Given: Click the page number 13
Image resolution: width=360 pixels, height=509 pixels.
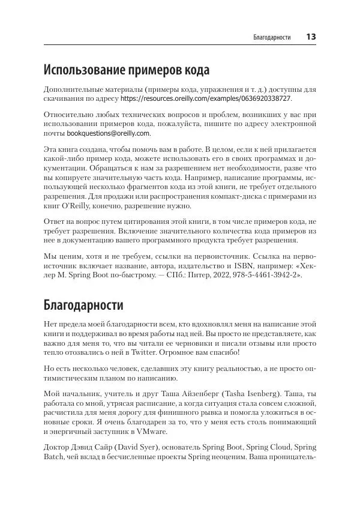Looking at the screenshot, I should click(311, 37).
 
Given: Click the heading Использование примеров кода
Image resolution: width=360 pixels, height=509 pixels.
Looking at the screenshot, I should click(127, 71).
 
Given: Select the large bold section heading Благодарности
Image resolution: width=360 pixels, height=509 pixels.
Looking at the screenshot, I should click(84, 304).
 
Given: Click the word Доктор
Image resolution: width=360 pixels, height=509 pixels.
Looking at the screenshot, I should click(61, 448).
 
